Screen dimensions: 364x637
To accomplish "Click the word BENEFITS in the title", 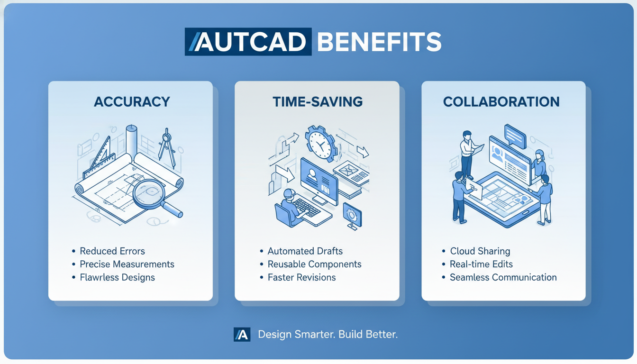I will (x=379, y=42).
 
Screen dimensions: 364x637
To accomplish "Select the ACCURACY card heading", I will (x=132, y=101).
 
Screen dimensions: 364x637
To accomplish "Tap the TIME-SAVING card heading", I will (x=318, y=101).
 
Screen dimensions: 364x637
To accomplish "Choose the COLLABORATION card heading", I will (x=501, y=101).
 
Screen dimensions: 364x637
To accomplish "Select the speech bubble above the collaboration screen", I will (x=515, y=136).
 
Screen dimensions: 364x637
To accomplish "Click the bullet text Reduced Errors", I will (x=112, y=251).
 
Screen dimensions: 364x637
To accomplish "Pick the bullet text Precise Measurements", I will (x=127, y=264).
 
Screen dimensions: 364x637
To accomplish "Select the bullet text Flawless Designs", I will (x=117, y=277).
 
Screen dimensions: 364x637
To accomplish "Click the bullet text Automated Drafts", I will (x=305, y=251).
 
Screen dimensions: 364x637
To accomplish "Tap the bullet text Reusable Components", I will (x=315, y=264).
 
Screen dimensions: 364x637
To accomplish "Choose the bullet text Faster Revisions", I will (x=302, y=277).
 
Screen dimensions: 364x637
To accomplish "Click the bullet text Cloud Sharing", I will (x=480, y=251).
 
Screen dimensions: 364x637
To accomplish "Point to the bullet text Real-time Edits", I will (x=482, y=264).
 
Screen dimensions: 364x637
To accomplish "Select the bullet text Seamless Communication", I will (x=503, y=277).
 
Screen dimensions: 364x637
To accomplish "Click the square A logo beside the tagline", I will (x=242, y=335).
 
